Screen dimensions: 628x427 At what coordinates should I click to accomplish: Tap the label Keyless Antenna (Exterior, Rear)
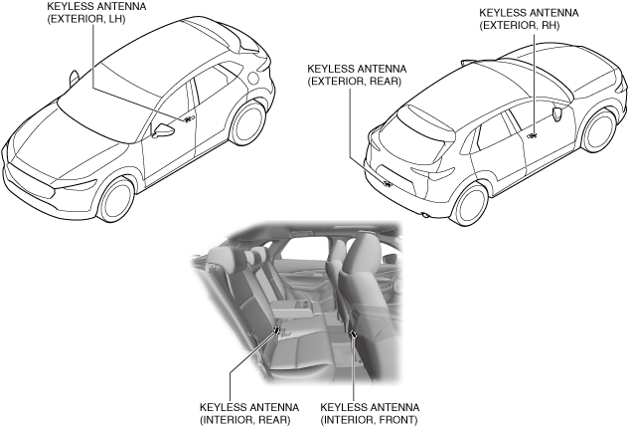pos(354,76)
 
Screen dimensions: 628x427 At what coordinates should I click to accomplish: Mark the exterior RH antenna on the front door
pos(533,134)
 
